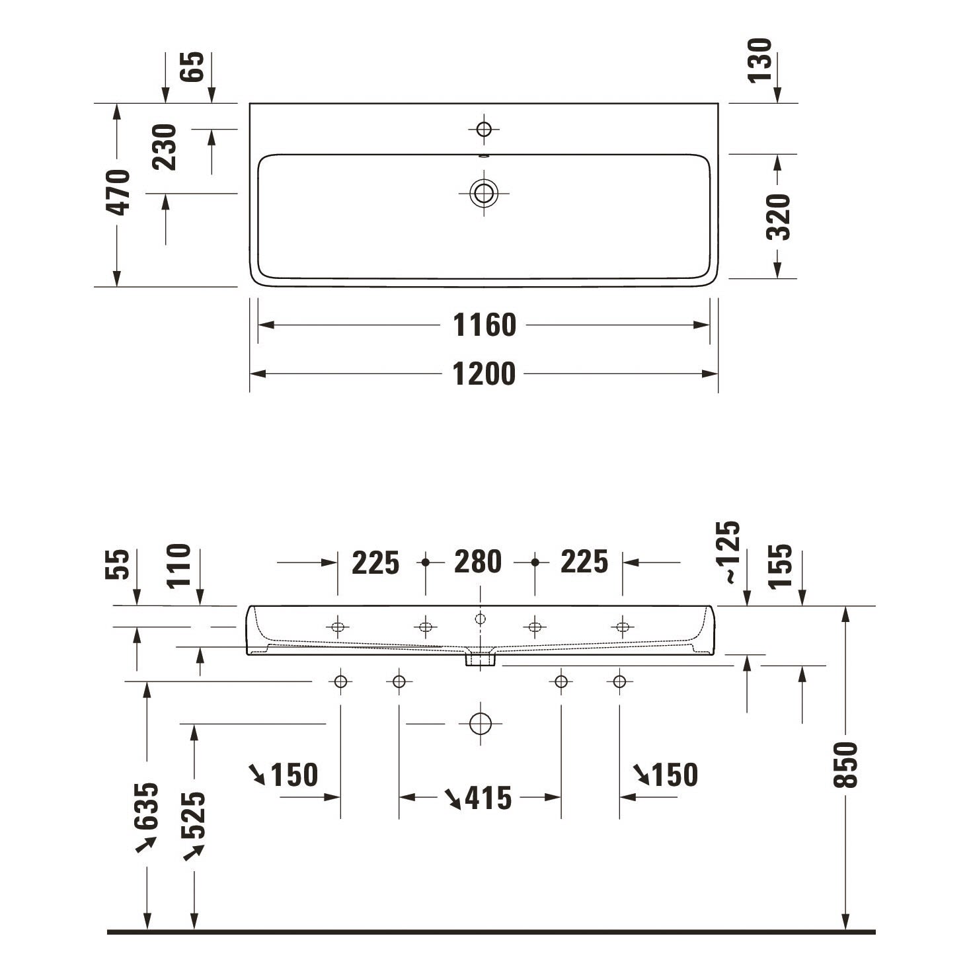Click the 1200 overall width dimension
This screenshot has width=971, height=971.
click(x=484, y=374)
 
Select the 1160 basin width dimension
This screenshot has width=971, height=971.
click(x=485, y=325)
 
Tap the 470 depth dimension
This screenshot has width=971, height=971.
click(x=118, y=192)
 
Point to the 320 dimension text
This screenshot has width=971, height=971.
click(x=778, y=217)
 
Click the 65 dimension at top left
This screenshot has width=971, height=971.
click(x=192, y=67)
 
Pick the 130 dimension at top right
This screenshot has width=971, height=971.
click(x=759, y=60)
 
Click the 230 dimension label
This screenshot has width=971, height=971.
click(x=165, y=147)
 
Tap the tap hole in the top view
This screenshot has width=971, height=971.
click(x=484, y=130)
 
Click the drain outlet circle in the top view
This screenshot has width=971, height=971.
click(x=484, y=193)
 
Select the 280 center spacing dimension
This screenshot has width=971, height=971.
click(x=478, y=562)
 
